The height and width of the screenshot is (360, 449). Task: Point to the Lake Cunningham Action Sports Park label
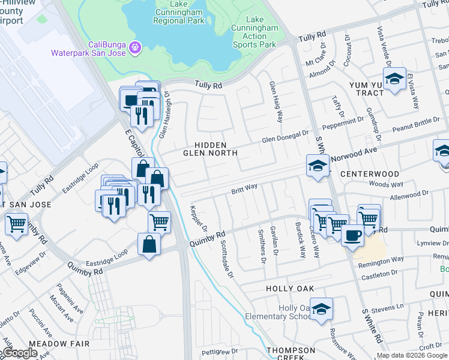254,32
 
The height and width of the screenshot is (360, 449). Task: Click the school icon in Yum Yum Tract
394,79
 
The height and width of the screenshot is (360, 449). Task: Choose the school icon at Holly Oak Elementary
322,308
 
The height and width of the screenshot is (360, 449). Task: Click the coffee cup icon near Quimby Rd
353,235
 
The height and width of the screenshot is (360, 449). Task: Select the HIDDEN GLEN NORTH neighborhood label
210,149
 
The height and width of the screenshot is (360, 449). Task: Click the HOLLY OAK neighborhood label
290,289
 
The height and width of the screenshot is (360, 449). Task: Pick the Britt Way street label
244,188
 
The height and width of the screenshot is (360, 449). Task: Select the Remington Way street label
381,260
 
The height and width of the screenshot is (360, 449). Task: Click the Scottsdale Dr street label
225,258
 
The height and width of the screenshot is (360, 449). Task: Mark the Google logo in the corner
19,353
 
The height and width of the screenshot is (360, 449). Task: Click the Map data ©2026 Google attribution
412,355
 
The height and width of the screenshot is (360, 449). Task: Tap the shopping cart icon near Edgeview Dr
17,225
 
